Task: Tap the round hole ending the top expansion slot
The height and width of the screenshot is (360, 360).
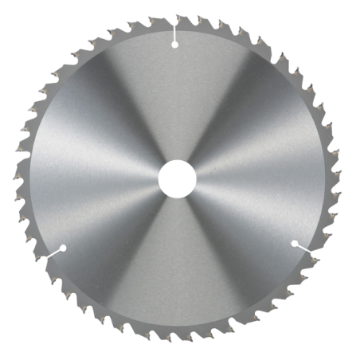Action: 174,45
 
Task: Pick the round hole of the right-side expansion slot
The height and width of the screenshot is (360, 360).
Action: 294,243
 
